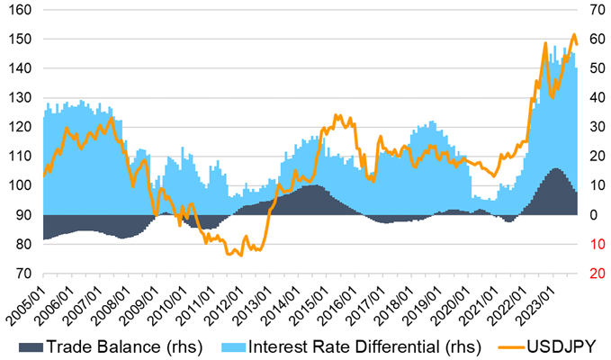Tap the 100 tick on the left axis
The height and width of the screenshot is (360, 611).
19,185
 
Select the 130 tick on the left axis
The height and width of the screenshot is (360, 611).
19,98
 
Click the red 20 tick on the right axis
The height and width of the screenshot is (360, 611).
596,274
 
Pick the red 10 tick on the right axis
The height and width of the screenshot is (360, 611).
596,244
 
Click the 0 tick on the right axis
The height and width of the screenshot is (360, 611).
592,215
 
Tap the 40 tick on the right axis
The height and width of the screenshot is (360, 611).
596,98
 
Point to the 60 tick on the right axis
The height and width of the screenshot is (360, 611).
596,40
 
